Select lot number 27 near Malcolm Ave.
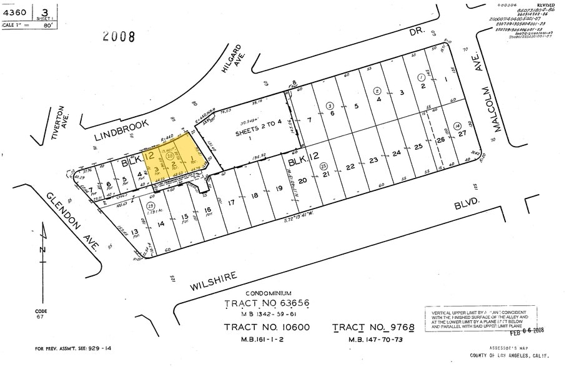pos(462,133)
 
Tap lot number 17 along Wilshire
pos(231,202)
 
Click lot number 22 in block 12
pos(351,166)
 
